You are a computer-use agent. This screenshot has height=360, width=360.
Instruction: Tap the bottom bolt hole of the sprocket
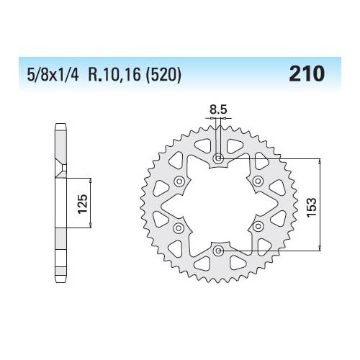pos(218,251)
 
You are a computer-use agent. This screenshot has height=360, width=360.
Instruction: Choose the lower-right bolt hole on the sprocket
pos(257,228)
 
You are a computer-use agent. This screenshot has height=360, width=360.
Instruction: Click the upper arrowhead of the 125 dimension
pos(89,177)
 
